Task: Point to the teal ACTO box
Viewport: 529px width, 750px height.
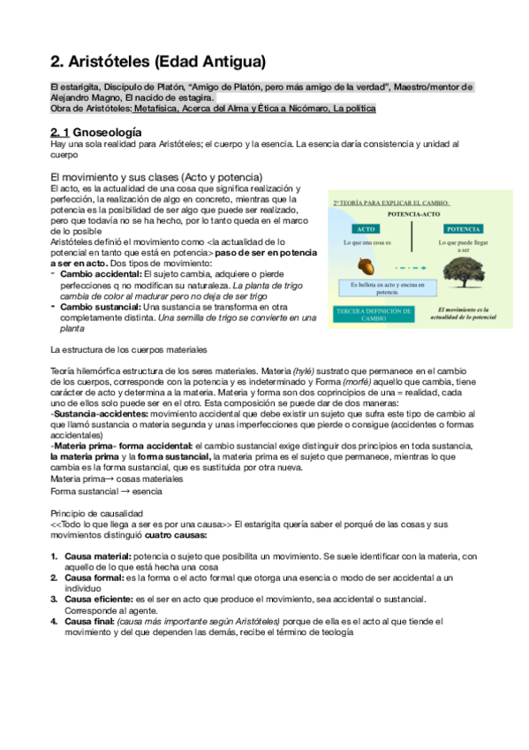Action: [365, 228]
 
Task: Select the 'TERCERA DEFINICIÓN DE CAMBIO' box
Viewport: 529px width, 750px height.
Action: [372, 314]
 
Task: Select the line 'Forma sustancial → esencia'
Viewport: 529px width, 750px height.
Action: [105, 490]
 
